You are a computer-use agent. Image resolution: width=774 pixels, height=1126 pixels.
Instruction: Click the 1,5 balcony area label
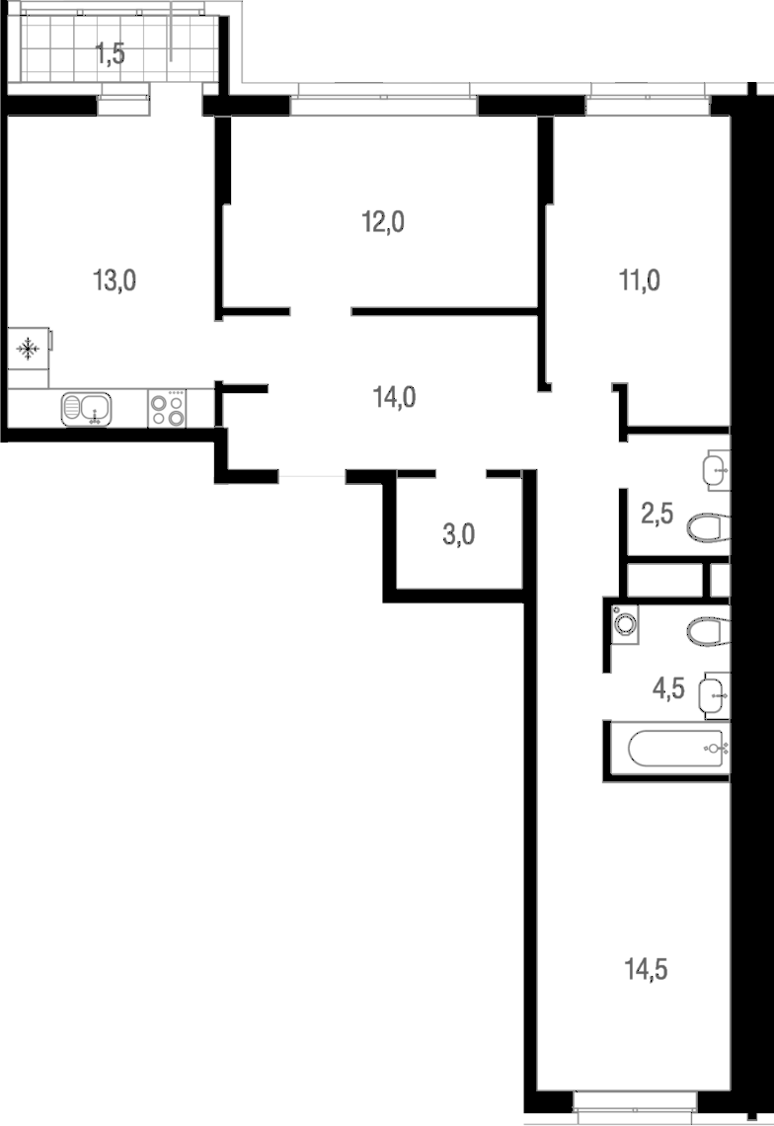[x=111, y=54]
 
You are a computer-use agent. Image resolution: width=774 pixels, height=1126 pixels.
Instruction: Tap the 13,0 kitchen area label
[x=115, y=281]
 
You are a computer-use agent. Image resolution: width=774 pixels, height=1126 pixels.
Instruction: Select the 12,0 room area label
[x=383, y=222]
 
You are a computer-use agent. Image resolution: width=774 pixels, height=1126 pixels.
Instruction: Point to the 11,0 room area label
[x=640, y=281]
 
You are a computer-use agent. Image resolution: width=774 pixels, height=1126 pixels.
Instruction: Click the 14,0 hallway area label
[x=395, y=396]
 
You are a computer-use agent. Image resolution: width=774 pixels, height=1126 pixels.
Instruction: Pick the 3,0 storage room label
[x=459, y=534]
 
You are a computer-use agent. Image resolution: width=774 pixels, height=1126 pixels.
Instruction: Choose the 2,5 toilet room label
[x=657, y=514]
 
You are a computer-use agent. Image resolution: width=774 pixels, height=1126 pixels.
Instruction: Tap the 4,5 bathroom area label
[x=668, y=688]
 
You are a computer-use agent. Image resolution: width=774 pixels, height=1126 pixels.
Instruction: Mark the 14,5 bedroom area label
[x=647, y=970]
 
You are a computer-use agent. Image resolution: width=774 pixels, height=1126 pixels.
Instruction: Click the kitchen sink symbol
[x=86, y=409]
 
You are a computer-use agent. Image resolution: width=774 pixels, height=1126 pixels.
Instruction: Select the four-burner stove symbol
[x=167, y=409]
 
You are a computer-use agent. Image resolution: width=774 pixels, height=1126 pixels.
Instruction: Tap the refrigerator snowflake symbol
[x=28, y=350]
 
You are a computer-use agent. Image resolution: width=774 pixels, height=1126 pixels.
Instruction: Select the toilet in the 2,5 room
[x=708, y=528]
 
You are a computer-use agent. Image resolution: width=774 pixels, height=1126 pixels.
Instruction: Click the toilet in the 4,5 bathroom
[x=708, y=632]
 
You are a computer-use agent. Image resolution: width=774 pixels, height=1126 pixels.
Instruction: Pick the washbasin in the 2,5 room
[x=717, y=470]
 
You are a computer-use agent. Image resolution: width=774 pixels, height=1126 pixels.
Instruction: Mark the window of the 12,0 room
[x=384, y=99]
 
